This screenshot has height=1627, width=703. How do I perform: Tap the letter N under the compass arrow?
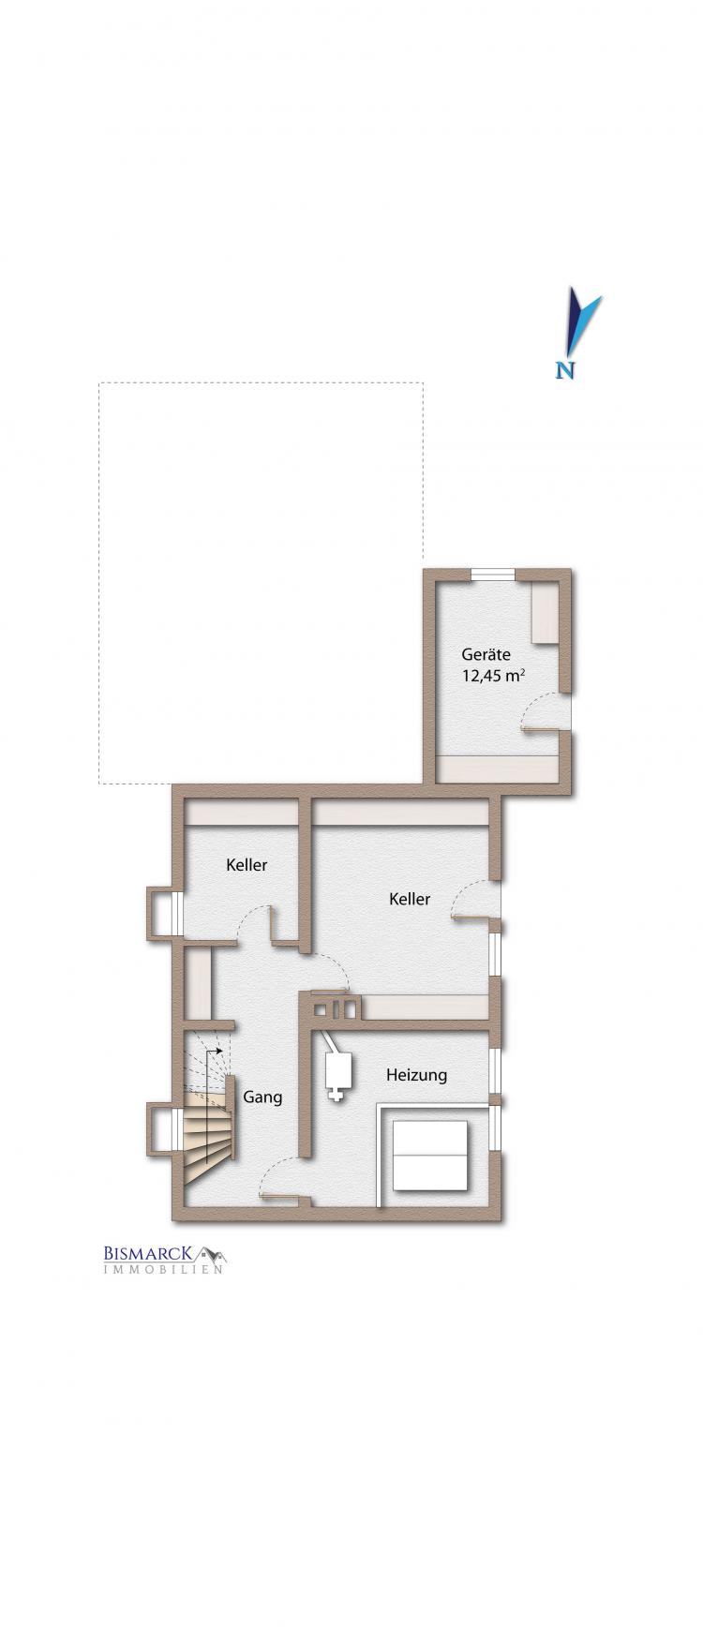[x=565, y=370]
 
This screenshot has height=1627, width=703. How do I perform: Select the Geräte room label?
[x=486, y=654]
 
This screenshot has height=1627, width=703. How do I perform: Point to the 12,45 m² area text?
[x=493, y=675]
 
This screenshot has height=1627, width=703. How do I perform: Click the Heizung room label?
[x=416, y=1075]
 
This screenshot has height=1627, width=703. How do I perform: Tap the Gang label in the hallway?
[x=262, y=1097]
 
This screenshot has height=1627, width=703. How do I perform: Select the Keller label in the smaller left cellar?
[x=247, y=864]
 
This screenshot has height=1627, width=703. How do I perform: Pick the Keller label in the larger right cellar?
[x=410, y=899]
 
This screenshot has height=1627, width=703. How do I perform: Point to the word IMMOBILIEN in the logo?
[x=162, y=1271]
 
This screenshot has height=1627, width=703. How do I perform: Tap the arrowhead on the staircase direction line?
[x=219, y=1052]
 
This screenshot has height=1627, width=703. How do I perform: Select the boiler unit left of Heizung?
[x=335, y=1066]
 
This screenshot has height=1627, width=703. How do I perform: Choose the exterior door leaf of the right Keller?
[x=472, y=918]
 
